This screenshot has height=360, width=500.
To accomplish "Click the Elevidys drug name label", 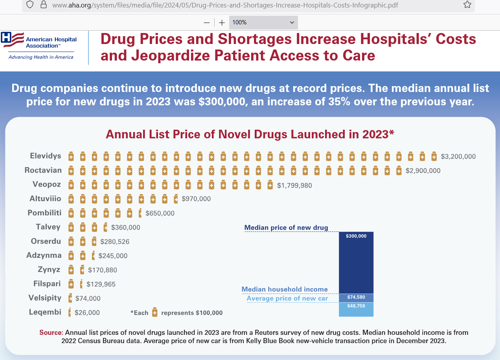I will [46, 156].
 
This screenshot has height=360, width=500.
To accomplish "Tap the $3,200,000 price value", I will [458, 156].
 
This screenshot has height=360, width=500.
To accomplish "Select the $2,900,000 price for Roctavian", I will [423, 171].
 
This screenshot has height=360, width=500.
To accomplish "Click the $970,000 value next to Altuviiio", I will [196, 199].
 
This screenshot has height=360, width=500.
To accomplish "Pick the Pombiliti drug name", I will [44, 213].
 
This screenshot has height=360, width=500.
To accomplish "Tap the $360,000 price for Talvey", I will [126, 227].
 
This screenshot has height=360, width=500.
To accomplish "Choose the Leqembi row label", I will [45, 312].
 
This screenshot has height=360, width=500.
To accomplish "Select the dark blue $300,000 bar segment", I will [356, 263].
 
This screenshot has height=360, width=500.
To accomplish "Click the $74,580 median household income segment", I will [356, 298].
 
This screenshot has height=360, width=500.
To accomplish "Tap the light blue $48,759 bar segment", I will [356, 309].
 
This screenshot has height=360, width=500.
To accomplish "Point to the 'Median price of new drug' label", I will [286, 228].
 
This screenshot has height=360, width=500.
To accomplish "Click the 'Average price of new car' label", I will [287, 298].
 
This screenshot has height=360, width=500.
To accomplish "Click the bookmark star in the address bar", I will [467, 5].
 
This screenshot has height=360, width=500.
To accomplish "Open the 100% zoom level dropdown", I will [263, 22].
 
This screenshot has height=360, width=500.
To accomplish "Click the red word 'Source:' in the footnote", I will [51, 332].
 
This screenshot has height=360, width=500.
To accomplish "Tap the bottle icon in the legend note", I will [155, 313].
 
